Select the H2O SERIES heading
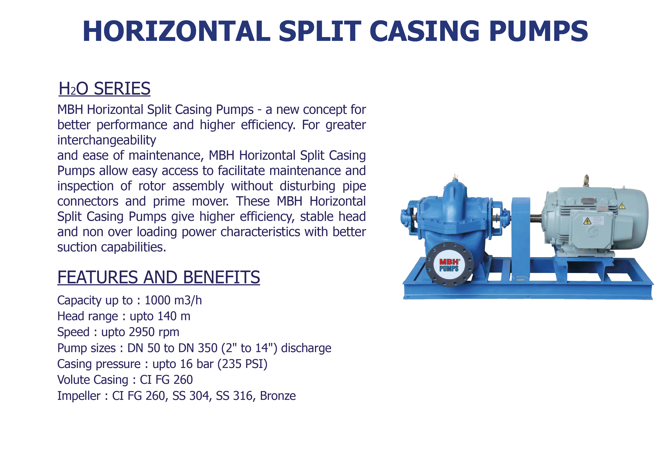pyautogui.click(x=104, y=88)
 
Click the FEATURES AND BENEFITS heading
pyautogui.click(x=159, y=277)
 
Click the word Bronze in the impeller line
pyautogui.click(x=278, y=396)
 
